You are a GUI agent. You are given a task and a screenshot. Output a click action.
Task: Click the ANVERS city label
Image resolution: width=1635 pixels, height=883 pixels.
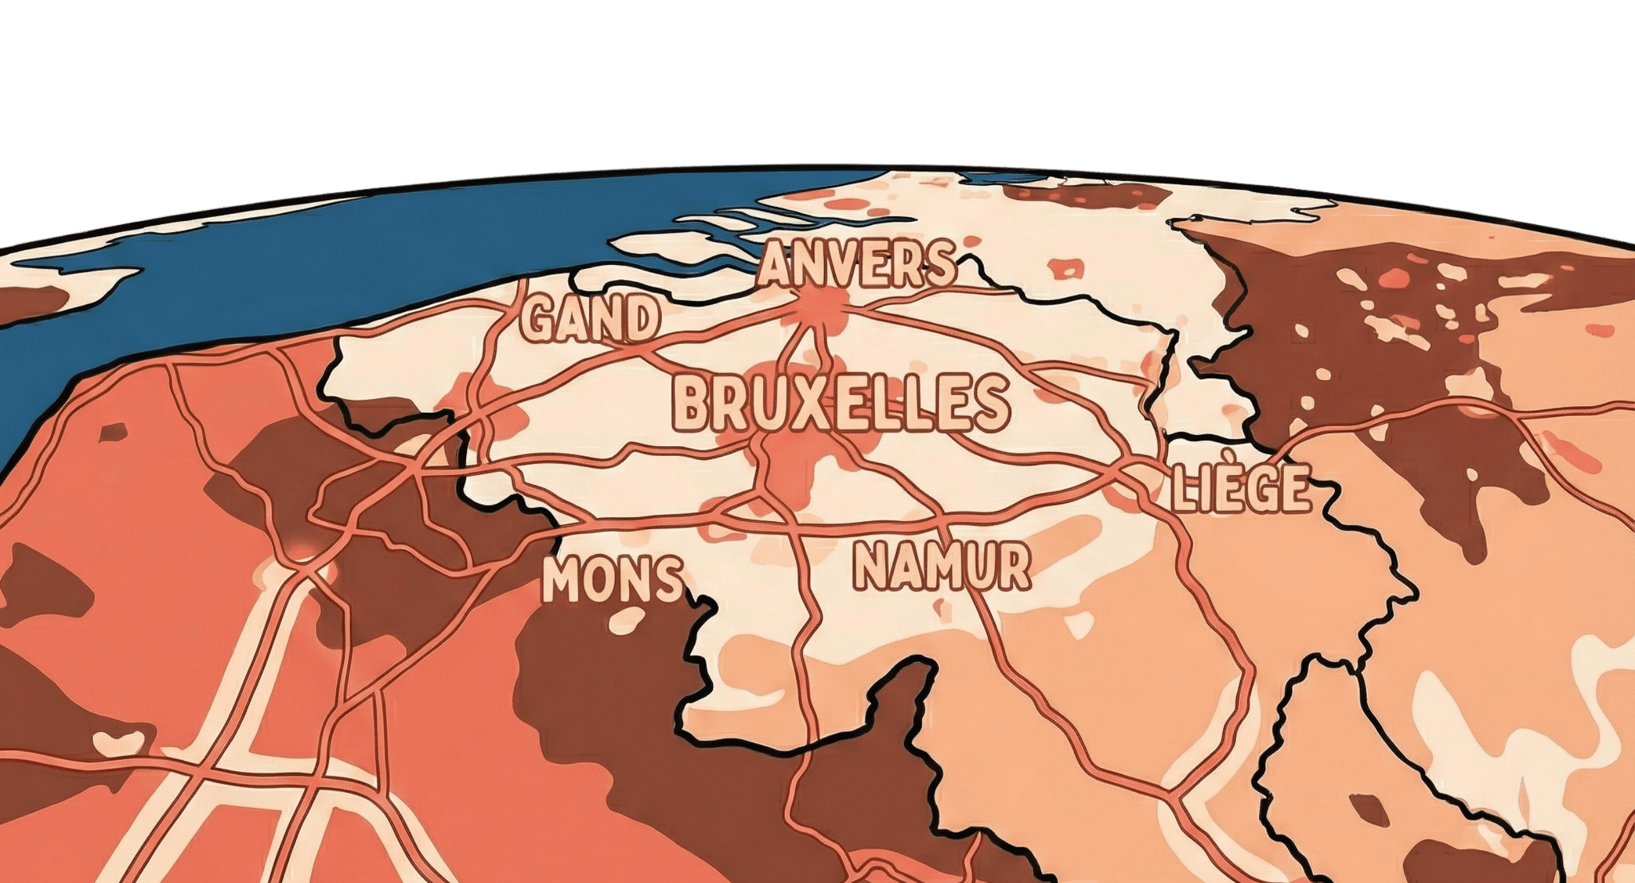pyautogui.click(x=856, y=264)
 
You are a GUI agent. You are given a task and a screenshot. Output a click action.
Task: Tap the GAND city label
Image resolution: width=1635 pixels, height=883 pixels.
pyautogui.click(x=590, y=319)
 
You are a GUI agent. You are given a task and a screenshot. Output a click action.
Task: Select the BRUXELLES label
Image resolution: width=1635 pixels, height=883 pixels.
pyautogui.click(x=840, y=403)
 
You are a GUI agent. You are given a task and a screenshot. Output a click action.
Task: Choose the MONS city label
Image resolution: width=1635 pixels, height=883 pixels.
pyautogui.click(x=613, y=580)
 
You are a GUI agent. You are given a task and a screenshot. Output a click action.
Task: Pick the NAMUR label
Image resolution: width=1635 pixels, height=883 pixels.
pyautogui.click(x=942, y=566)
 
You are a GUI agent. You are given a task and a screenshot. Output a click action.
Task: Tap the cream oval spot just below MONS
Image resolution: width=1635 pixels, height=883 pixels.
pyautogui.click(x=628, y=619)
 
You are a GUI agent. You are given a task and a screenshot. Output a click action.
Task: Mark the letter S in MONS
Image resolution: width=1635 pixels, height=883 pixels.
pyautogui.click(x=668, y=580)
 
